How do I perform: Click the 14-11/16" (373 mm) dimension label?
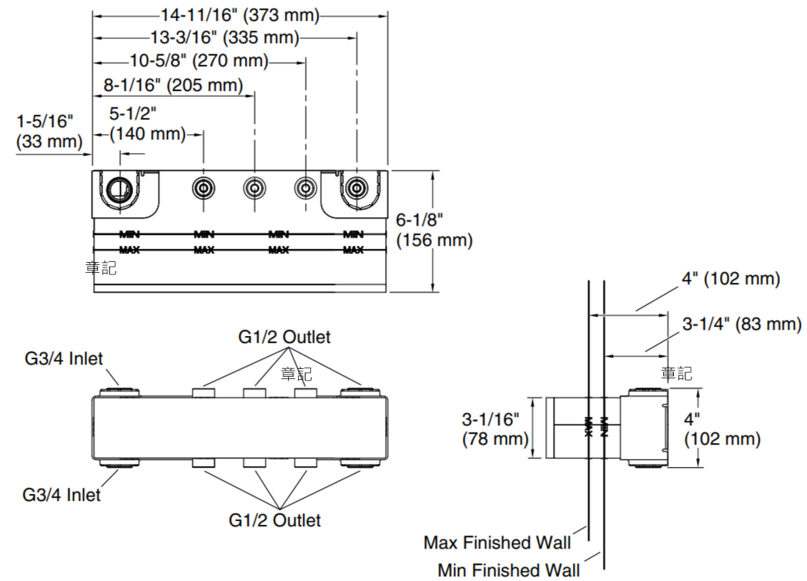pyautogui.click(x=239, y=15)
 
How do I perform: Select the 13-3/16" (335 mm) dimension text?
pyautogui.click(x=224, y=37)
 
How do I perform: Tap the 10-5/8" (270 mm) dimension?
pyautogui.click(x=199, y=60)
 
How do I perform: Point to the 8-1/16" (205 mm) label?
pyautogui.click(x=173, y=84)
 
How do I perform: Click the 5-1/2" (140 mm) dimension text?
pyautogui.click(x=146, y=124)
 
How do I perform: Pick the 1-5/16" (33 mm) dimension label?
pyautogui.click(x=49, y=131)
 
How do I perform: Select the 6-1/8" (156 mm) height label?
pyautogui.click(x=434, y=230)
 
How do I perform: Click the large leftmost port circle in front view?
pyautogui.click(x=119, y=187)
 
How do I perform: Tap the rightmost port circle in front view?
pyautogui.click(x=356, y=187)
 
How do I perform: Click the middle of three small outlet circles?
pyautogui.click(x=254, y=187)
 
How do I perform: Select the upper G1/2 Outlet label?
pyautogui.click(x=283, y=337)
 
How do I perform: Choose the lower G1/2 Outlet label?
pyautogui.click(x=275, y=520)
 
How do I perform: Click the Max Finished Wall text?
pyautogui.click(x=497, y=542)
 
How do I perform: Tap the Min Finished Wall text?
pyautogui.click(x=508, y=569)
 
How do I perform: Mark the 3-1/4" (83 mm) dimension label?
pyautogui.click(x=742, y=324)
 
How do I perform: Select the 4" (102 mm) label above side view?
pyautogui.click(x=730, y=279)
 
